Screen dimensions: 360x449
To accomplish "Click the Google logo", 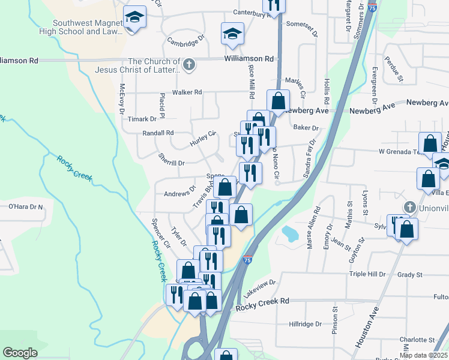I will coord(20,353).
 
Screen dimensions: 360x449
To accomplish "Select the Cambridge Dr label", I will coord(186,41).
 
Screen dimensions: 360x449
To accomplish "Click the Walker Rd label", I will coord(187,92).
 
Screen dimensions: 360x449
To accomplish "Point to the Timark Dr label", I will coord(142,119).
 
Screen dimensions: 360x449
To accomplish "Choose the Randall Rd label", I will coord(158,133).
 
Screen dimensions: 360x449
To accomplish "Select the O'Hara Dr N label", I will coord(26,207).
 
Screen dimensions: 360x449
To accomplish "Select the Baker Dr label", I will coord(306,127).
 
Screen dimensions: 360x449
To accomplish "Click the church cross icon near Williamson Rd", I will coord(190,64).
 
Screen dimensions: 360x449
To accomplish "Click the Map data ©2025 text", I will coord(423,355).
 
